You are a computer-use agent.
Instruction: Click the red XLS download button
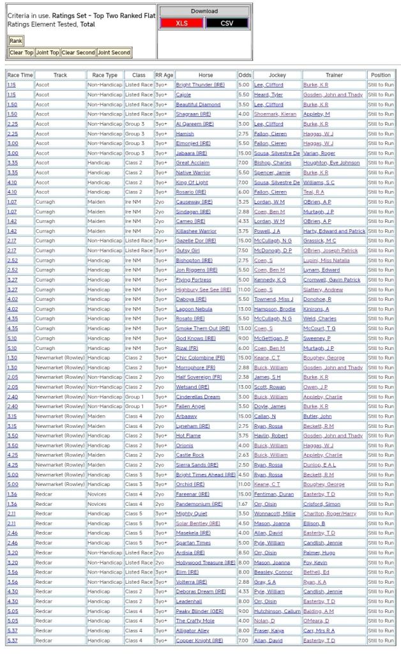coord(181,23)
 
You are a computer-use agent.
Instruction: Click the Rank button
coord(15,41)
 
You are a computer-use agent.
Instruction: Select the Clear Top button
coord(22,53)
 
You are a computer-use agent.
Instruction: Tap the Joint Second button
coord(114,53)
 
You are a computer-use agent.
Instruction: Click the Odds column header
coord(245,75)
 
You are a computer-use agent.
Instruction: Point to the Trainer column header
coord(334,75)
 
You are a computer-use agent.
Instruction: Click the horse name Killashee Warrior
coord(196,231)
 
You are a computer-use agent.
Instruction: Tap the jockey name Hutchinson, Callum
coord(278,611)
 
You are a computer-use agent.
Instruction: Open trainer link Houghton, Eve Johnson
coord(331,163)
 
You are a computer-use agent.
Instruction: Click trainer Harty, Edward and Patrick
coord(334,231)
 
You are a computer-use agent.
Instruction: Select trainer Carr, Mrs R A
coord(319,630)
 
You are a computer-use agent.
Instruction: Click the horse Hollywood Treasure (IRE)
coord(206,563)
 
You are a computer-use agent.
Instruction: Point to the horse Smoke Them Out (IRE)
coord(202,328)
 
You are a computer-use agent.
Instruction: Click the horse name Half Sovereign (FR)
coord(199,377)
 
